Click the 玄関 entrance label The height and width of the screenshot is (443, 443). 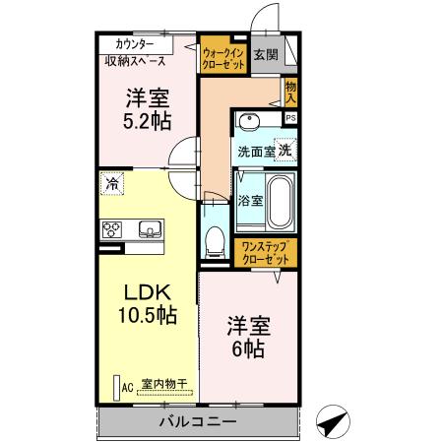264,54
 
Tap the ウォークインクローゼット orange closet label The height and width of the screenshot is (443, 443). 222,55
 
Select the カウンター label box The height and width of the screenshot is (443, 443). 133,44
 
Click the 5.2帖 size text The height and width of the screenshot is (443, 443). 148,121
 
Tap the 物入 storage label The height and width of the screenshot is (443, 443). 290,92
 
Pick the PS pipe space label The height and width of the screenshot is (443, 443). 289,118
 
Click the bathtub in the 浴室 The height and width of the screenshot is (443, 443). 282,200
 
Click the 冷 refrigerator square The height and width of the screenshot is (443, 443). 114,183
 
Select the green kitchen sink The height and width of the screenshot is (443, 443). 150,230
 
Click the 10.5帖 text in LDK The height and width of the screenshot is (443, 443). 148,317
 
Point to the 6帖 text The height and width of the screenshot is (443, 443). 249,347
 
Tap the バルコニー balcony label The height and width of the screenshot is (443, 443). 198,422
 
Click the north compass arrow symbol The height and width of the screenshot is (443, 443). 332,420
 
